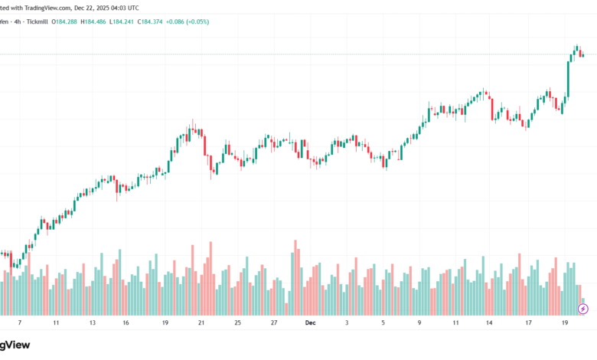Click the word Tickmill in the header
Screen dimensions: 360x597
pyautogui.click(x=35, y=21)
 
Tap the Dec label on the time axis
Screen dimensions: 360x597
pyautogui.click(x=310, y=323)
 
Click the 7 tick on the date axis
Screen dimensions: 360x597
pyautogui.click(x=20, y=323)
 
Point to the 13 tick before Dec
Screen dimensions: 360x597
pyautogui.click(x=93, y=323)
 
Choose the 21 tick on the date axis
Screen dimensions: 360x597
pyautogui.click(x=201, y=323)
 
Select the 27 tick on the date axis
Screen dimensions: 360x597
pyautogui.click(x=274, y=323)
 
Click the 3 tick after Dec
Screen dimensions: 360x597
pyautogui.click(x=347, y=323)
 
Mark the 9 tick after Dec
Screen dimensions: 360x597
pyautogui.click(x=419, y=323)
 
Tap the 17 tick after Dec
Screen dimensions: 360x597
pyautogui.click(x=528, y=323)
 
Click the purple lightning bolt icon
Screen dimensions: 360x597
pyautogui.click(x=583, y=309)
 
